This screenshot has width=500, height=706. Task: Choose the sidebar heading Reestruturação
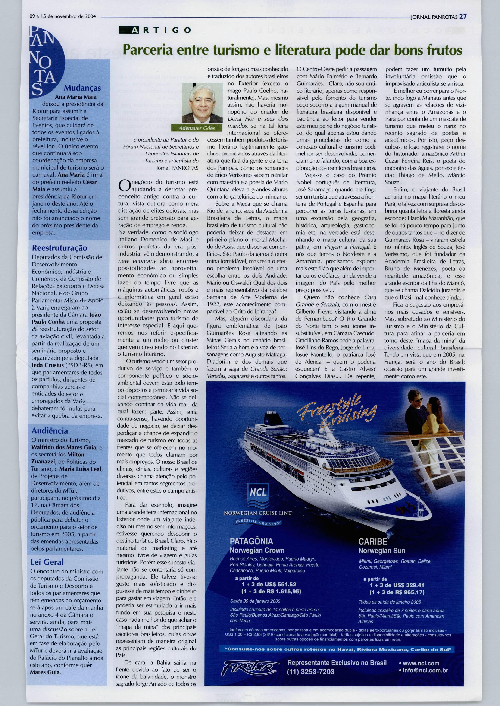pyautogui.click(x=59, y=248)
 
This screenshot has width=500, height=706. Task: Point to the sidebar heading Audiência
pyautogui.click(x=50, y=431)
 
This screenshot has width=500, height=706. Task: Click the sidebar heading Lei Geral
pyautogui.click(x=47, y=562)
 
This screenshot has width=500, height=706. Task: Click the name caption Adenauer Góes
pyautogui.click(x=197, y=128)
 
